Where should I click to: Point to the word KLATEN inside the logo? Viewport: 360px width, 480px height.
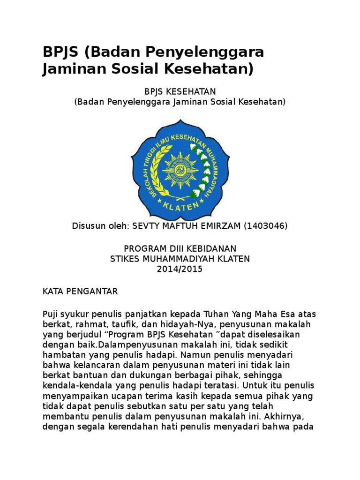180,205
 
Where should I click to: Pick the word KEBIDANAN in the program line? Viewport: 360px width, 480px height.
209,248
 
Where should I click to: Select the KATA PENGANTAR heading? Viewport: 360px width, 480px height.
80,292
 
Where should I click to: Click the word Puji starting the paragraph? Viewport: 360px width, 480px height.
51,314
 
